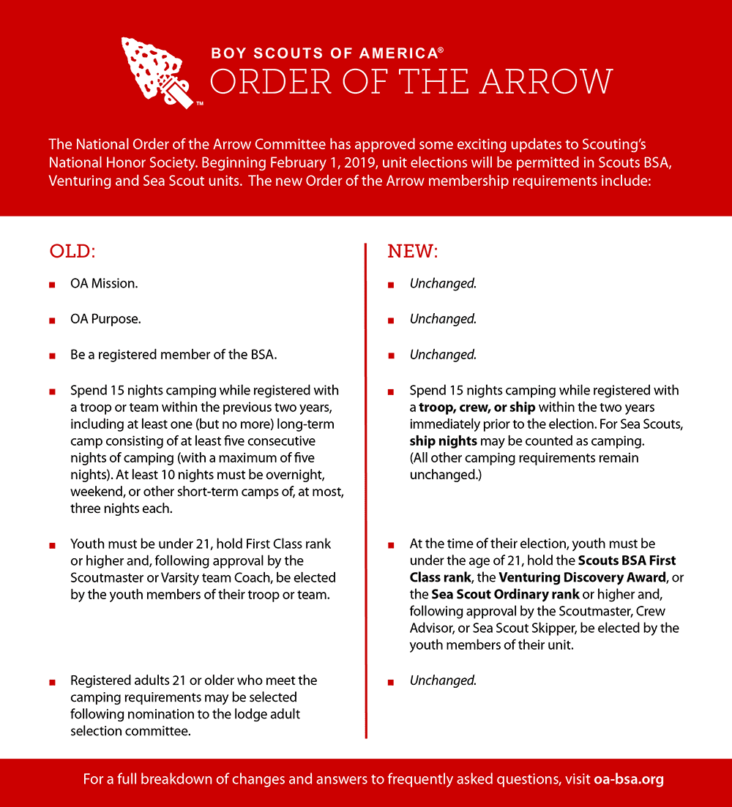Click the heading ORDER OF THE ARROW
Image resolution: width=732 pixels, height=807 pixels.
411,81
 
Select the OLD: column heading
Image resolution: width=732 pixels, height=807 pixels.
72,251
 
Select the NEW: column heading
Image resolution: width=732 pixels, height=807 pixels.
412,251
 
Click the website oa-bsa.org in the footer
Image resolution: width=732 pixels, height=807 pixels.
628,779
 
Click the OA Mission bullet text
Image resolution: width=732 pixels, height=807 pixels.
104,283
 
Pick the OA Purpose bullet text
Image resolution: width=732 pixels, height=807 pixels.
106,319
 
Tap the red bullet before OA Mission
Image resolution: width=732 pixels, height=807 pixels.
52,284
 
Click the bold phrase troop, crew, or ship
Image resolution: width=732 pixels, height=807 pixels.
477,407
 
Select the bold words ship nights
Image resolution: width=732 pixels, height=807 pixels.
444,441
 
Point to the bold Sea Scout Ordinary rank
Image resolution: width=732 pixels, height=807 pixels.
505,594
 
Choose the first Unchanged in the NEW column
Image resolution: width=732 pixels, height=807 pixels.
443,283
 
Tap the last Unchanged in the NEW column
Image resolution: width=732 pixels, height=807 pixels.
443,680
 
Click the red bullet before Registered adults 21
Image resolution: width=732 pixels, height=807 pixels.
52,681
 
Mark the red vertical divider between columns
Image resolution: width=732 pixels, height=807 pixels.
365,490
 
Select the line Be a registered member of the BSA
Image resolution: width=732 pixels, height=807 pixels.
173,355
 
